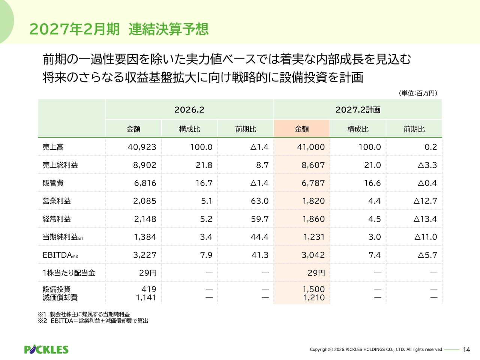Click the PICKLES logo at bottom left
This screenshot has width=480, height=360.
46,349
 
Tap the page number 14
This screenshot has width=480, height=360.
466,349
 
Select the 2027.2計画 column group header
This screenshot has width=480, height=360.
358,109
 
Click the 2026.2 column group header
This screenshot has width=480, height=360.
189,109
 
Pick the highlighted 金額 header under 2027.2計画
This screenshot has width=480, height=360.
302,129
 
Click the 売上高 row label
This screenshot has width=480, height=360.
53,147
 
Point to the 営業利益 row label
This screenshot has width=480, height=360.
57,201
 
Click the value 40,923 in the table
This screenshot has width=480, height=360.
142,147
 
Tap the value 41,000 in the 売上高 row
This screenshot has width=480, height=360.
311,147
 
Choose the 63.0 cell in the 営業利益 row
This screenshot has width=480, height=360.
259,201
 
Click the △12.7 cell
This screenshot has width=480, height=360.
425,201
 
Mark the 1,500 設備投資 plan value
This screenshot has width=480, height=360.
313,289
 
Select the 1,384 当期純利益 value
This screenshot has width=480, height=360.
145,237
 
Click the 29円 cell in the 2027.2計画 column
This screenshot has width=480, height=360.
316,273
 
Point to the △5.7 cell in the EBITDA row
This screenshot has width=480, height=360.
427,255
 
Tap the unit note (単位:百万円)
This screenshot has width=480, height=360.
418,93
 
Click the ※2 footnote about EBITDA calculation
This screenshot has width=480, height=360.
93,321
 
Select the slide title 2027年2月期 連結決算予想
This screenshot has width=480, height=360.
118,29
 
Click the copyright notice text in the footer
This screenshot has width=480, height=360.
376,349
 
